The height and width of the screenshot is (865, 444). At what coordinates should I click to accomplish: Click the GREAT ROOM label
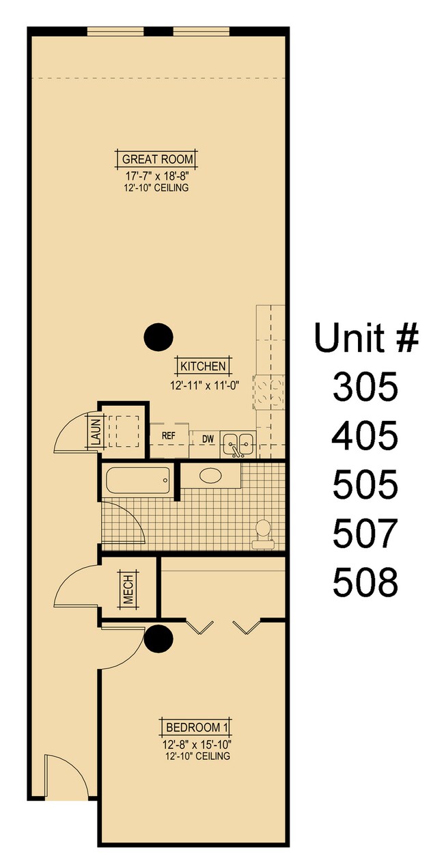tap(157, 160)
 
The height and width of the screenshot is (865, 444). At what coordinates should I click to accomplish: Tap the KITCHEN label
tap(204, 366)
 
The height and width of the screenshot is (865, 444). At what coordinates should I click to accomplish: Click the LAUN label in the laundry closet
tap(95, 432)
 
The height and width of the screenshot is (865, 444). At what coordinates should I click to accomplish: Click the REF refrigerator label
tap(169, 435)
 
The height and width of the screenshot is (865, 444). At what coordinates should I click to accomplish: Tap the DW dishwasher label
tap(206, 439)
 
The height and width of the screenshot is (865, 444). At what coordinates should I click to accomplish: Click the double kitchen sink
tap(238, 445)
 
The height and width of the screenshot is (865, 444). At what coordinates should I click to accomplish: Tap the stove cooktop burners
tap(270, 394)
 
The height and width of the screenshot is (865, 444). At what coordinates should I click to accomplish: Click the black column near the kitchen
tap(158, 336)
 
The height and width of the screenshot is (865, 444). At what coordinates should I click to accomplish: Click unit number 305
tap(365, 387)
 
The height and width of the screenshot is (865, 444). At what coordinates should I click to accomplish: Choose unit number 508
tap(365, 583)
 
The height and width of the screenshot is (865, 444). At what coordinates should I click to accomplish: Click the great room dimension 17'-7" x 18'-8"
tap(157, 175)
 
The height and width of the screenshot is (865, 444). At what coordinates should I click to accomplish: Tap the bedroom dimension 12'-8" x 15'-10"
tap(197, 744)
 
